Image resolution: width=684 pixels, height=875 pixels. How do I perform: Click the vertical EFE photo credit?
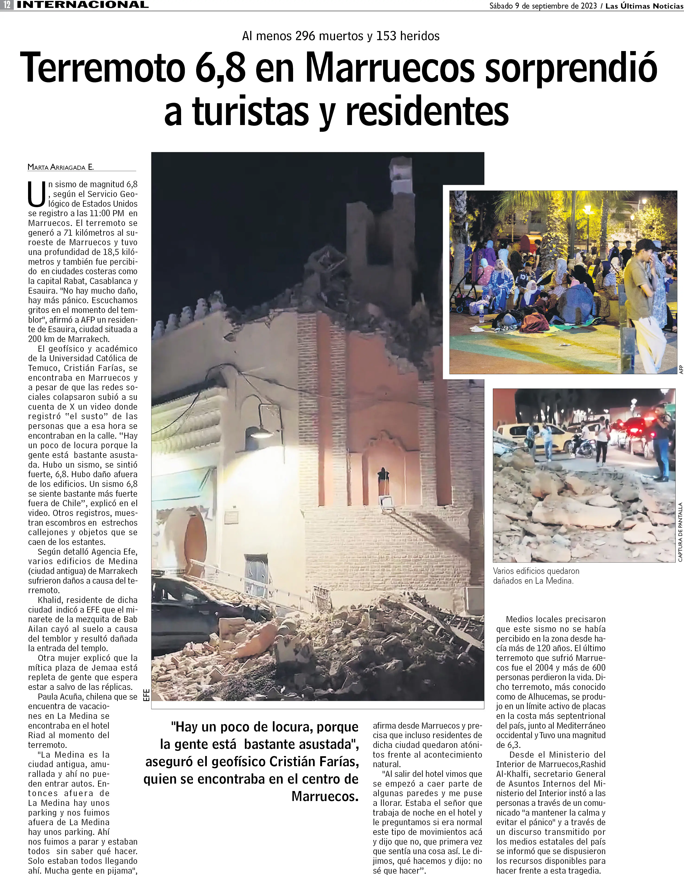click(147, 695)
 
